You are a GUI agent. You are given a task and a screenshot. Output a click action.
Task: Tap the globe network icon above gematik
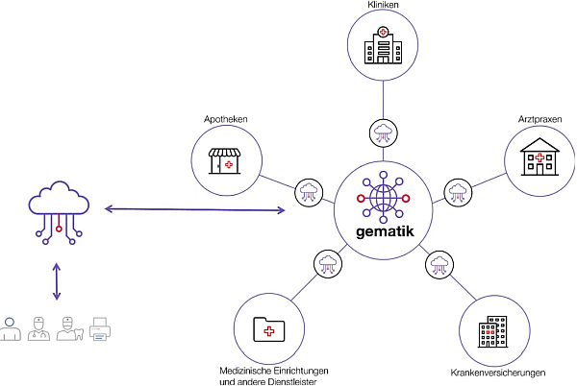point(383,197)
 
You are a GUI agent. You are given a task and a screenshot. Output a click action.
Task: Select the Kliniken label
point(383,6)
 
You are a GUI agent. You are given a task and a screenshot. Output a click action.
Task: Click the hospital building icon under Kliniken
point(383,46)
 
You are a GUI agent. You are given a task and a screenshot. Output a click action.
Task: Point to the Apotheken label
point(226,119)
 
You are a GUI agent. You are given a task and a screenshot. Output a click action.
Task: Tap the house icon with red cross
point(539,157)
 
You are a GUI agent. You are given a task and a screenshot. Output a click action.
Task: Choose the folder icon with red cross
point(268,329)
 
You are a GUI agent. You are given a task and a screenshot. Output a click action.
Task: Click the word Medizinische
point(246,370)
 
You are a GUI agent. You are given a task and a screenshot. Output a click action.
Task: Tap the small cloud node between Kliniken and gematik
point(383,132)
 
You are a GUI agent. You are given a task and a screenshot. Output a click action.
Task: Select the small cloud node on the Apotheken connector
point(310,191)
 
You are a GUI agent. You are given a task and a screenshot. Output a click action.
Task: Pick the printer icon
point(101,329)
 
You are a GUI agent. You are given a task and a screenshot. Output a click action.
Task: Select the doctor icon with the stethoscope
point(38,329)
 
